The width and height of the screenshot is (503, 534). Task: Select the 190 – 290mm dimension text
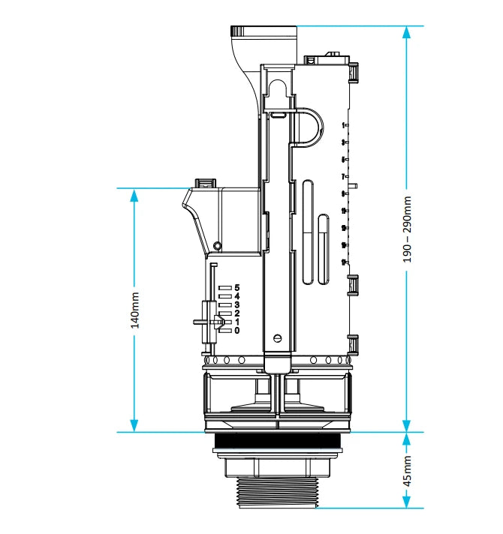tap(407, 229)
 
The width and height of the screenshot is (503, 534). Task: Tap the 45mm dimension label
tap(407, 470)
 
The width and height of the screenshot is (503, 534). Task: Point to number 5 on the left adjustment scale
tap(236, 287)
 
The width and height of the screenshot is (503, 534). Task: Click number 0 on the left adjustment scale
tap(236, 330)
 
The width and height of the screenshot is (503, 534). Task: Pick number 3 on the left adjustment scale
tap(236, 304)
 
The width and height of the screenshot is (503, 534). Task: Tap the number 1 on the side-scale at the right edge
tap(343, 125)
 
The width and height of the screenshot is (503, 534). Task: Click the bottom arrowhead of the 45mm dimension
tap(407, 502)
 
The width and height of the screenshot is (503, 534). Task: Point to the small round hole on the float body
tap(217, 246)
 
